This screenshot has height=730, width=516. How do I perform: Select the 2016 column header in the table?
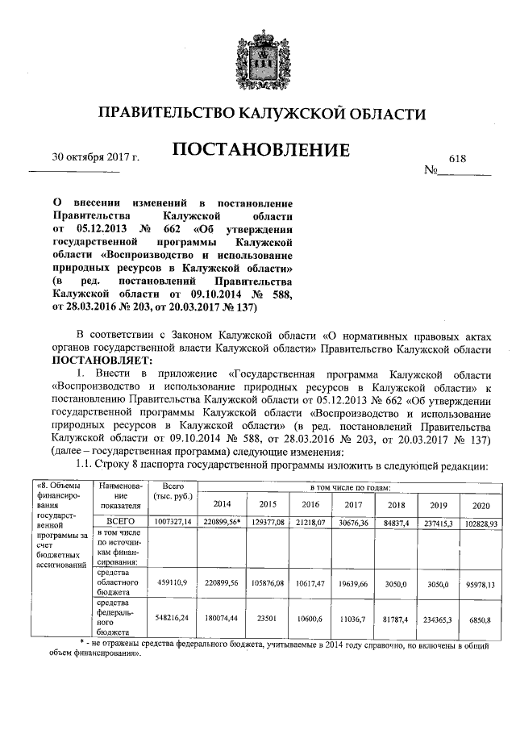click(x=310, y=504)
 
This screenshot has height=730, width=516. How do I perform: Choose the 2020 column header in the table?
click(x=481, y=504)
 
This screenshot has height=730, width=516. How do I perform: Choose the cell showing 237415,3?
click(x=438, y=522)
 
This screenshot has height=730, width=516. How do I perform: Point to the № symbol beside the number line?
click(x=431, y=171)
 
